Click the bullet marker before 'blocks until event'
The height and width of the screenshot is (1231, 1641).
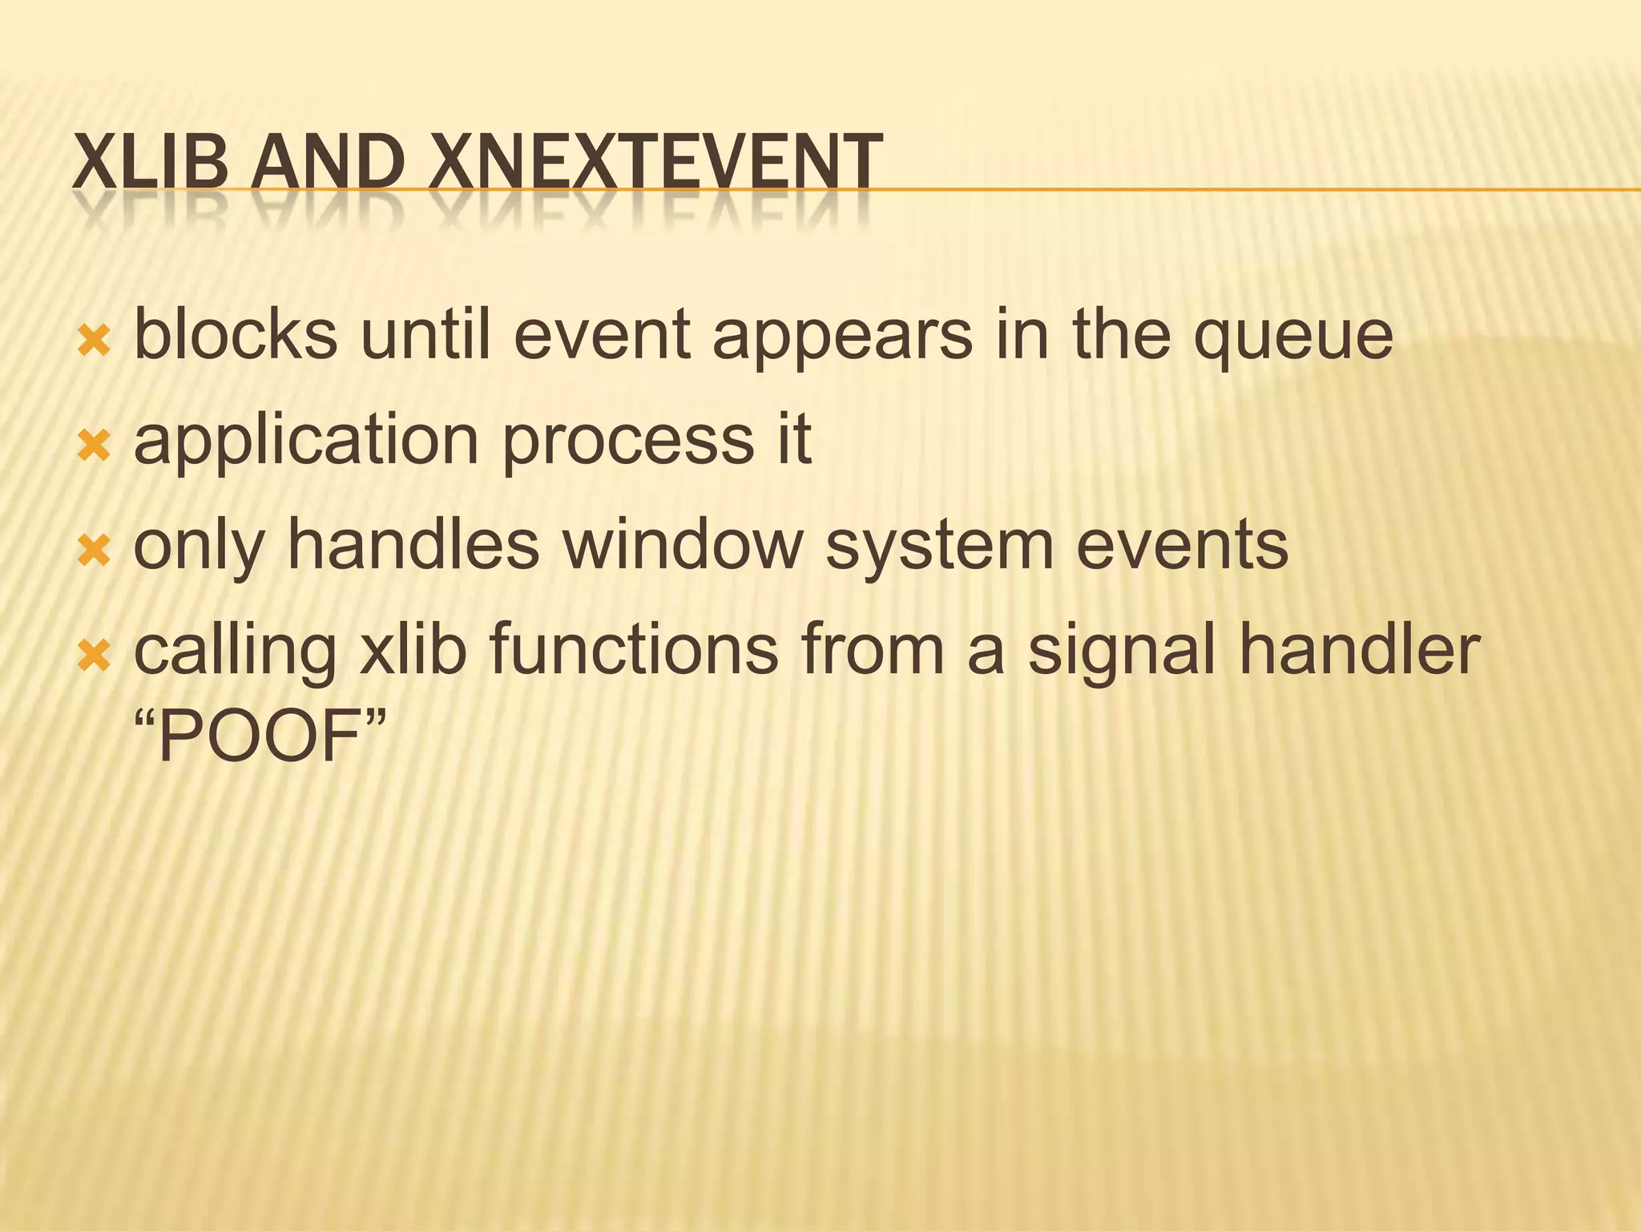[x=94, y=342]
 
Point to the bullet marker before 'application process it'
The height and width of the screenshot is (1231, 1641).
[x=94, y=446]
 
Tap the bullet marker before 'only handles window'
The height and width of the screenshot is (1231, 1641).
[x=94, y=551]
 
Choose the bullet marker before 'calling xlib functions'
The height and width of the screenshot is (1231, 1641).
[x=94, y=656]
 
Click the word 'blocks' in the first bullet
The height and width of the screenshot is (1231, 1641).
[x=236, y=335]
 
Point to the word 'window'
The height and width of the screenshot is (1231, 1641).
[x=682, y=545]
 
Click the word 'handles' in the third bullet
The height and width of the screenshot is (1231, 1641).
[x=413, y=545]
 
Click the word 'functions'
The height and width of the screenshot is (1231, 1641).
[x=633, y=649]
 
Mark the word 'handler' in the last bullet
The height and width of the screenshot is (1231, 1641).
[x=1359, y=649]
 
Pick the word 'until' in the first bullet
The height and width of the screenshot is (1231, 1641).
[x=425, y=335]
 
